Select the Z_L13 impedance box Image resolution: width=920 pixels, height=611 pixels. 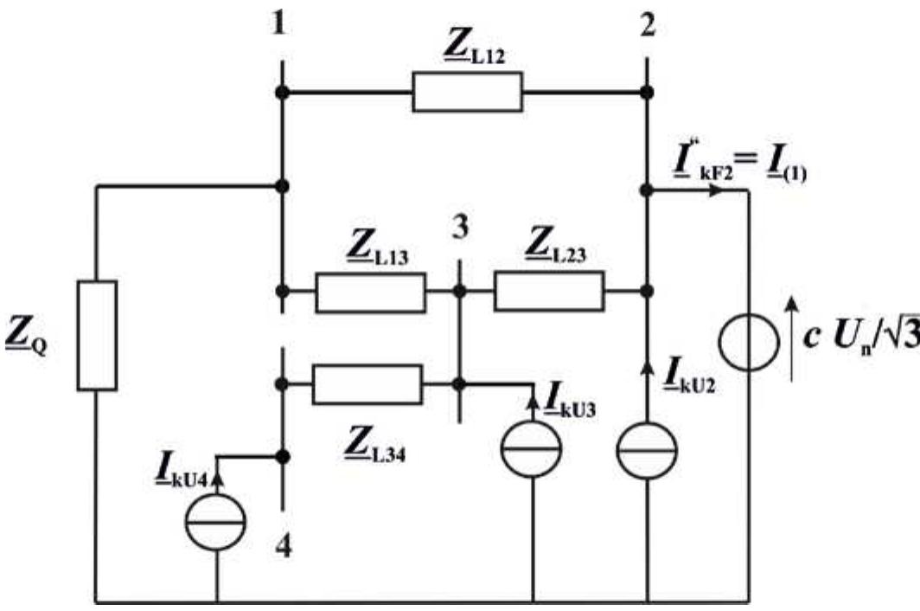tap(370, 293)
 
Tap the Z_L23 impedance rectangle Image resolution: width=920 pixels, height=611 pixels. tap(548, 291)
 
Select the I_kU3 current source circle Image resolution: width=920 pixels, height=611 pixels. tap(532, 450)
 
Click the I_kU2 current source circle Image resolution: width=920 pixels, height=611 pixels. tap(647, 450)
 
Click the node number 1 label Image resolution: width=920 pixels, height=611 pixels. tap(279, 24)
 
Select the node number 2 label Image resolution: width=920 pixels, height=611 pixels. tap(648, 24)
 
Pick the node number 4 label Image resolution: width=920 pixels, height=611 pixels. tap(283, 547)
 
